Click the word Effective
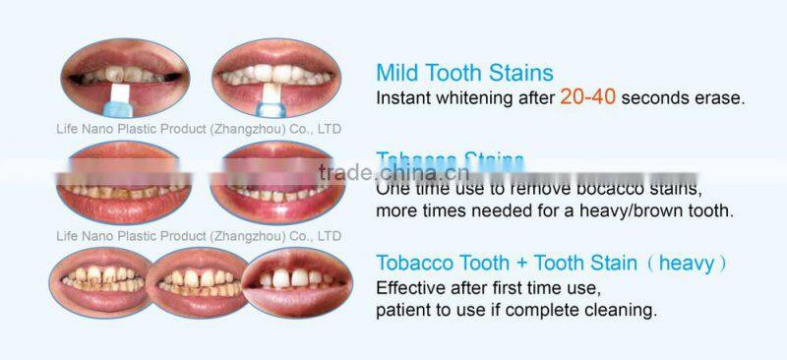point(414,289)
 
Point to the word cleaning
point(621,310)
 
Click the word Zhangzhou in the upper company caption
point(245,129)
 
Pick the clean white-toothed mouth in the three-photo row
point(297,280)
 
